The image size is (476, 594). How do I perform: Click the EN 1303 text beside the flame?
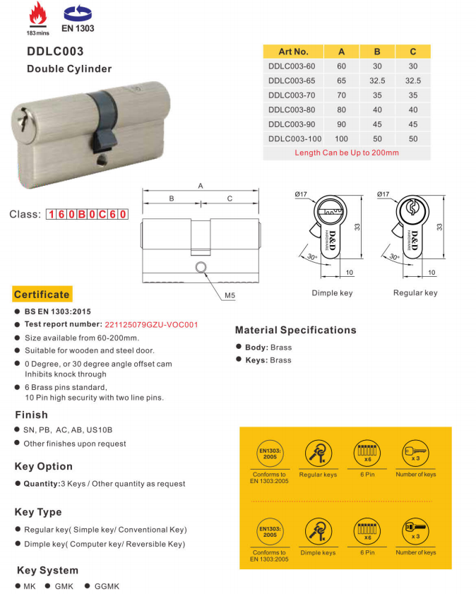click(x=78, y=29)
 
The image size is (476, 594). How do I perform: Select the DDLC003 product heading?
click(x=55, y=52)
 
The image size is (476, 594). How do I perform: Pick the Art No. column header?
click(x=293, y=52)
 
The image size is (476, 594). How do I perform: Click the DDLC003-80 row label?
click(x=292, y=109)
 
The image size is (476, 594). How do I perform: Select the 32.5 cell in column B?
click(x=377, y=81)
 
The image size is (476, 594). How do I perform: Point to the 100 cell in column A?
click(x=342, y=138)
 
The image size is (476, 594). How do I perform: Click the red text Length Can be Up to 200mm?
click(x=346, y=153)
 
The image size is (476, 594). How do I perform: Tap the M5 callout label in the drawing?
click(x=230, y=295)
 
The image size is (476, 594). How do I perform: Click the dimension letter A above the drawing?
click(x=201, y=186)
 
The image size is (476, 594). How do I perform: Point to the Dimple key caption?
click(x=332, y=292)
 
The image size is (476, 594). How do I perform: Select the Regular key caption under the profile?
click(x=415, y=292)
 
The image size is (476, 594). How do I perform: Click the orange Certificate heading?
click(x=42, y=295)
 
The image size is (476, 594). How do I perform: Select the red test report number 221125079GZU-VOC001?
click(x=151, y=325)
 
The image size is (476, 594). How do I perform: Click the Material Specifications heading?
click(x=295, y=330)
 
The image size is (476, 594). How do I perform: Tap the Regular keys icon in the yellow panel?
click(x=318, y=453)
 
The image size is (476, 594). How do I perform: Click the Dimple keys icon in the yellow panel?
click(x=318, y=531)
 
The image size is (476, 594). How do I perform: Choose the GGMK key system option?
click(x=107, y=586)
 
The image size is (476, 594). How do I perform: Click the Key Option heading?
click(x=43, y=466)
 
